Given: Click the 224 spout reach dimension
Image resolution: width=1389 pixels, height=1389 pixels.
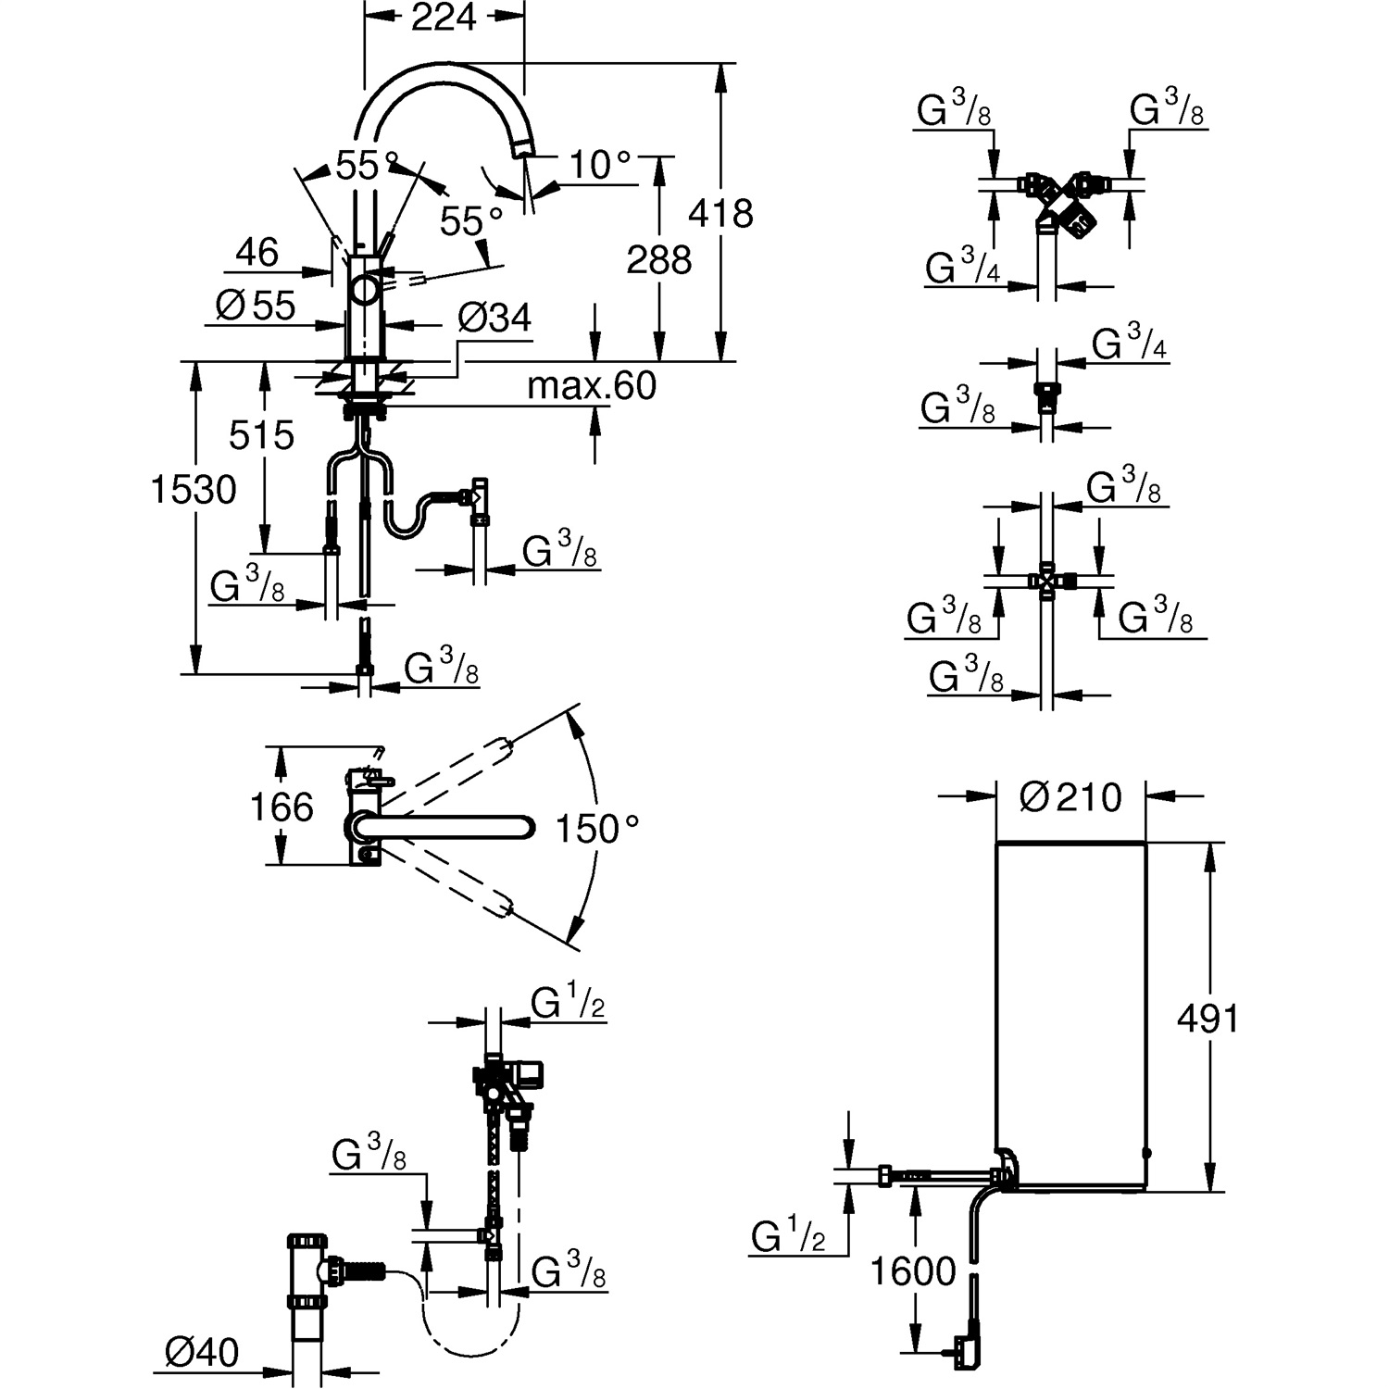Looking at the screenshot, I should tap(444, 17).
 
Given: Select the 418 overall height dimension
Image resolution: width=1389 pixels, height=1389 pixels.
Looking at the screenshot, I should tap(720, 214).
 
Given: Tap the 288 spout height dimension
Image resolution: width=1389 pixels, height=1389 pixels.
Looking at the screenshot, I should tap(658, 260).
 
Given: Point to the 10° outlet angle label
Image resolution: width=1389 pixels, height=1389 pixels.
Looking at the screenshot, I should tap(599, 166).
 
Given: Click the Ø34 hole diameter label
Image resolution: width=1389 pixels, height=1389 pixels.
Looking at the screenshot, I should tap(494, 319).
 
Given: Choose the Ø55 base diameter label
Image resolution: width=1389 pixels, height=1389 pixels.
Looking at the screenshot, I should tap(255, 305).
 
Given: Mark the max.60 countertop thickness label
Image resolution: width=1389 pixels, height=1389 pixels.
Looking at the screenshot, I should tap(591, 385).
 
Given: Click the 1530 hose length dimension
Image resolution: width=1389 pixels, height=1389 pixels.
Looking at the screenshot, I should tap(194, 489).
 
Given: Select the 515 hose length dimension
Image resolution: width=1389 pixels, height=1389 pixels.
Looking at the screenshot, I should tap(261, 434).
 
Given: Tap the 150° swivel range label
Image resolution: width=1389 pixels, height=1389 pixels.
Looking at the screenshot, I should tap(597, 829).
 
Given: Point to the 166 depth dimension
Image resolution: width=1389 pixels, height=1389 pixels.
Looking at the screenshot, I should tap(282, 807).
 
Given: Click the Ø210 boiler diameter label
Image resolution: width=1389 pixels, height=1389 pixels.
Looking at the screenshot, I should tap(1070, 796).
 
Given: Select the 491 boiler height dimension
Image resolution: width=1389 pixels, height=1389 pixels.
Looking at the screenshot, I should tap(1208, 1019).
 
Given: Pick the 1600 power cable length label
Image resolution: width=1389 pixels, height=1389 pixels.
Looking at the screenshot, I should tap(913, 1270).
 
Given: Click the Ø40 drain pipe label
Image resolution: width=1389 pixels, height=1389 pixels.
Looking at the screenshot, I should tap(202, 1353).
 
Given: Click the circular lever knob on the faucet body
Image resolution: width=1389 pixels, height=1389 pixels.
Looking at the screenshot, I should tap(364, 289).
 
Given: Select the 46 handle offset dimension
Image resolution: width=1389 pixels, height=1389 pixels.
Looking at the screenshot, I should tap(257, 252).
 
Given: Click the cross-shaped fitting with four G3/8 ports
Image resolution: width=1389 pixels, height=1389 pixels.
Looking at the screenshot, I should tap(1046, 582).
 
